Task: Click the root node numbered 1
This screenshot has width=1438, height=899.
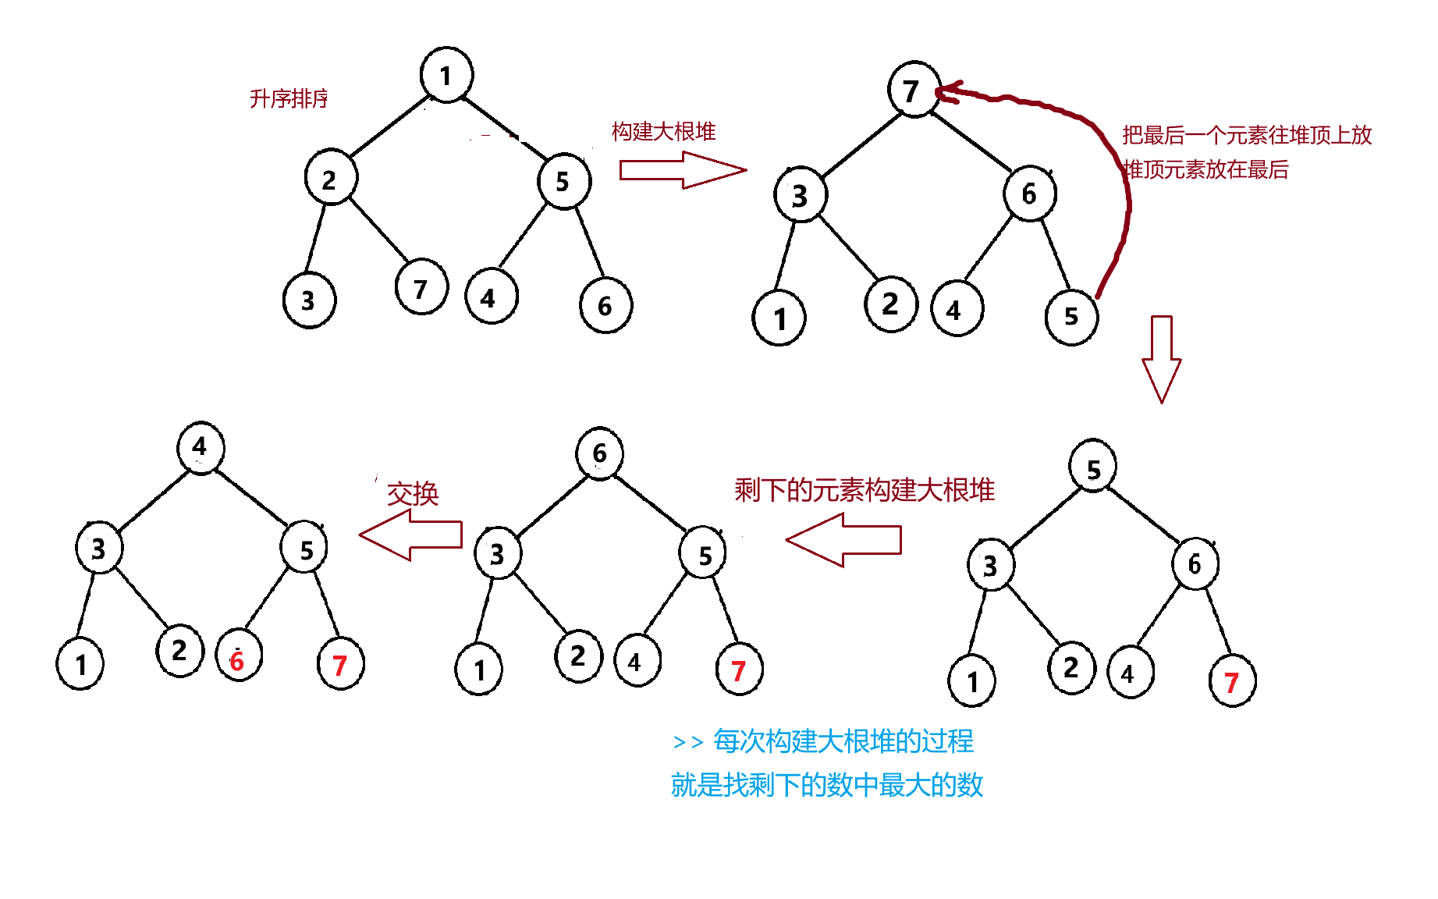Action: pyautogui.click(x=446, y=75)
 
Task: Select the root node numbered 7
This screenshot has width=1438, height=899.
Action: pyautogui.click(x=913, y=90)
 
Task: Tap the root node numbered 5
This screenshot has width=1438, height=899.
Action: pyautogui.click(x=1093, y=467)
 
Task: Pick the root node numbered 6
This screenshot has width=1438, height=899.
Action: pyautogui.click(x=599, y=453)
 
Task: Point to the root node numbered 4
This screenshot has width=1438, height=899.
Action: pyautogui.click(x=201, y=447)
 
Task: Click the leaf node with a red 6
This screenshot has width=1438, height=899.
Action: pyautogui.click(x=238, y=656)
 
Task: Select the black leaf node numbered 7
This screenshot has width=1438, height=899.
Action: pyautogui.click(x=421, y=287)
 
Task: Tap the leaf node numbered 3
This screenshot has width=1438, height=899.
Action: pyautogui.click(x=309, y=300)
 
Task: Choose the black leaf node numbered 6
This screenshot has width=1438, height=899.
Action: pyautogui.click(x=605, y=305)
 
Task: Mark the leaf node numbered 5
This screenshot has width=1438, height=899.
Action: pyautogui.click(x=1071, y=317)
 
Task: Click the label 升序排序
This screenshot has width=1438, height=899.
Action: pyautogui.click(x=289, y=99)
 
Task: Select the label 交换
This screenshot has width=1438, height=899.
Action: pyautogui.click(x=413, y=494)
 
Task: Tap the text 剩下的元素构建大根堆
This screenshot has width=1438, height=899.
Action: pyautogui.click(x=864, y=490)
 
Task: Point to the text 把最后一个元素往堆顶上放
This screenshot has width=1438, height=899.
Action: pyautogui.click(x=1246, y=135)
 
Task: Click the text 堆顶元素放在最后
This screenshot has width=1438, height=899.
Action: pyautogui.click(x=1206, y=169)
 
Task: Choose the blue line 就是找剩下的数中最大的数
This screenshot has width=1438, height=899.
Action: pyautogui.click(x=826, y=784)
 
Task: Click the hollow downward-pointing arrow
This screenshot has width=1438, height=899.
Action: pyautogui.click(x=1161, y=359)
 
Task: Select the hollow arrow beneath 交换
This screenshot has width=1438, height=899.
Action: pyautogui.click(x=411, y=535)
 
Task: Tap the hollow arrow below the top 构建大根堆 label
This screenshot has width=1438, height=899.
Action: pyautogui.click(x=682, y=170)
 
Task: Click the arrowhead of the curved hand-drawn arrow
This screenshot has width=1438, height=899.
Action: pyautogui.click(x=946, y=92)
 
